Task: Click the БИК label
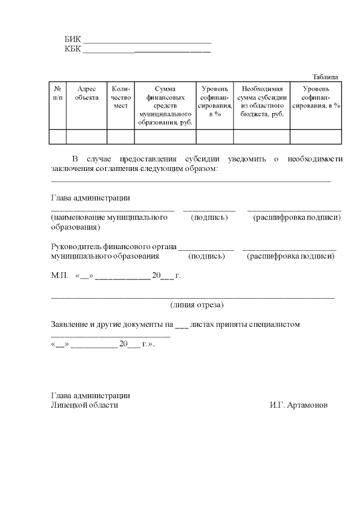pyautogui.click(x=73, y=39)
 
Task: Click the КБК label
pyautogui.click(x=73, y=49)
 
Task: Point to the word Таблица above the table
pyautogui.click(x=325, y=77)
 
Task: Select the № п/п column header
pyautogui.click(x=57, y=93)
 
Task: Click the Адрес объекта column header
pyautogui.click(x=87, y=93)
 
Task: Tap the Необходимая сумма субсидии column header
pyautogui.click(x=262, y=101)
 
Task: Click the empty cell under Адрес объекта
pyautogui.click(x=87, y=137)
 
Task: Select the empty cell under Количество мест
pyautogui.click(x=120, y=137)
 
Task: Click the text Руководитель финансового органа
pyautogui.click(x=113, y=246)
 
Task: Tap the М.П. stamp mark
pyautogui.click(x=59, y=276)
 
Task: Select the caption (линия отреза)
pyautogui.click(x=197, y=305)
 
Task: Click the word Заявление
pyautogui.click(x=69, y=325)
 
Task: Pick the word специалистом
pyautogui.click(x=278, y=325)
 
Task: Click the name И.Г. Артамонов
pyautogui.click(x=298, y=405)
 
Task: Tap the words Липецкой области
pyautogui.click(x=85, y=405)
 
